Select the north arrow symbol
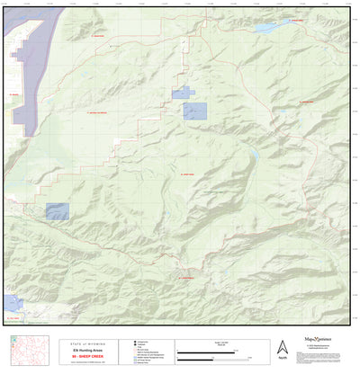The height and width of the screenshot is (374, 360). (282, 347)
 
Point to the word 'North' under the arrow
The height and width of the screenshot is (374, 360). (283, 360)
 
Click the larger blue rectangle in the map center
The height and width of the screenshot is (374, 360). (194, 111)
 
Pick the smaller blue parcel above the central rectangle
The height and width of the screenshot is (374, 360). (181, 92)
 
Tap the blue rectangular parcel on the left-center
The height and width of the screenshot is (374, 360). (58, 211)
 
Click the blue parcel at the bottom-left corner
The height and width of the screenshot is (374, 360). (13, 302)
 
